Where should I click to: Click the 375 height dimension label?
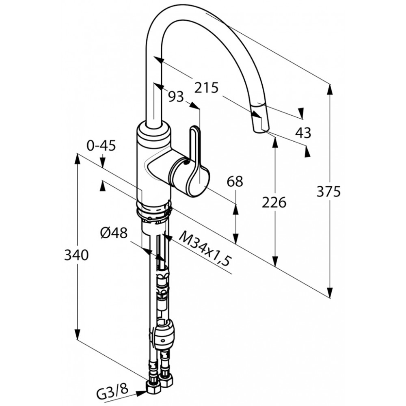328,192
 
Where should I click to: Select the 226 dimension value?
274,203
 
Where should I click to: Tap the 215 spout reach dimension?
207,88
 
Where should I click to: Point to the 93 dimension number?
176,97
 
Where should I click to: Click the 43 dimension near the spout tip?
303,133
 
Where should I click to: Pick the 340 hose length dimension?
76,255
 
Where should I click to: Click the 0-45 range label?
101,147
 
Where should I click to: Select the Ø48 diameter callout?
114,233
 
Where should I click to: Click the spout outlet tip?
260,130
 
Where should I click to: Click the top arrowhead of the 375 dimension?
330,90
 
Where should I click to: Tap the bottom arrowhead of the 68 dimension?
235,238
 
